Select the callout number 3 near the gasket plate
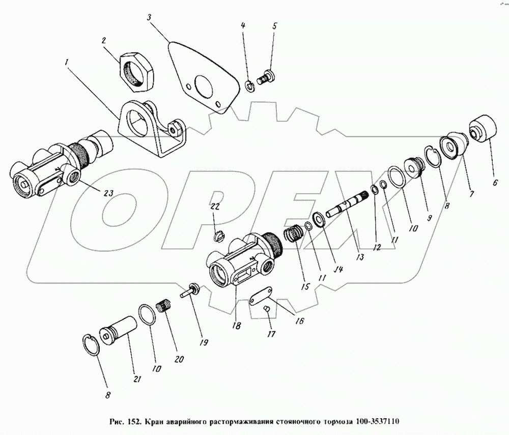click(x=149, y=17)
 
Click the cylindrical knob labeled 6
click(x=484, y=128)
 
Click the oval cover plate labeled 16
click(x=261, y=295)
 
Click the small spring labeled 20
click(x=164, y=306)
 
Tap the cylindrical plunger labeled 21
click(x=118, y=331)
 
